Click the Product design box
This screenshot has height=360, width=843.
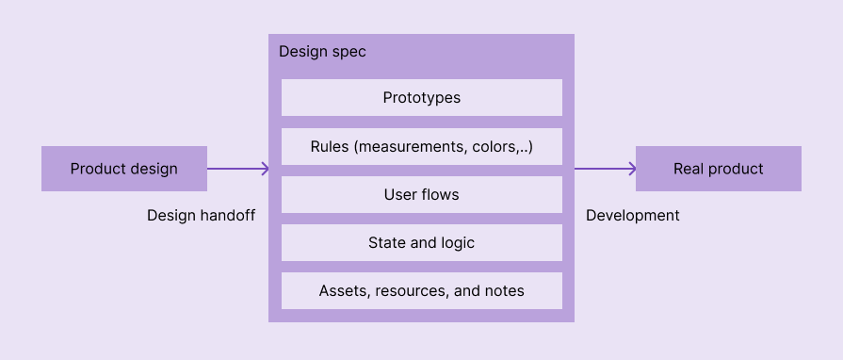[x=123, y=169]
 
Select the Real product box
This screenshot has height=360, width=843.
[x=718, y=169]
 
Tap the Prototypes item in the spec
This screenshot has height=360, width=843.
[x=421, y=97]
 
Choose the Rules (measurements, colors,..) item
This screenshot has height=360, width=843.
[x=421, y=146]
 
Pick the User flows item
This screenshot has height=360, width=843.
[x=421, y=194]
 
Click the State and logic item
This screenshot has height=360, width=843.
[x=421, y=242]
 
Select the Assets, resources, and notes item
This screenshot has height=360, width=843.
[x=421, y=290]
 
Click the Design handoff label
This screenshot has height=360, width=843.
[x=201, y=215]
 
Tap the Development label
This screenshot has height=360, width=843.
[x=632, y=215]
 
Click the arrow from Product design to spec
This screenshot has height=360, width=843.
[x=237, y=169]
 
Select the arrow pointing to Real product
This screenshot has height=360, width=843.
[x=605, y=169]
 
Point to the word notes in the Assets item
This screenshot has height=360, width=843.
[x=504, y=290]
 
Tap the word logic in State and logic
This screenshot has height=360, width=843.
[x=456, y=242]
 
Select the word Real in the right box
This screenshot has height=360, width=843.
[x=689, y=169]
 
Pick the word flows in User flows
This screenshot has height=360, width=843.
[x=441, y=194]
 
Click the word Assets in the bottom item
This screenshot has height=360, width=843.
[x=343, y=290]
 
